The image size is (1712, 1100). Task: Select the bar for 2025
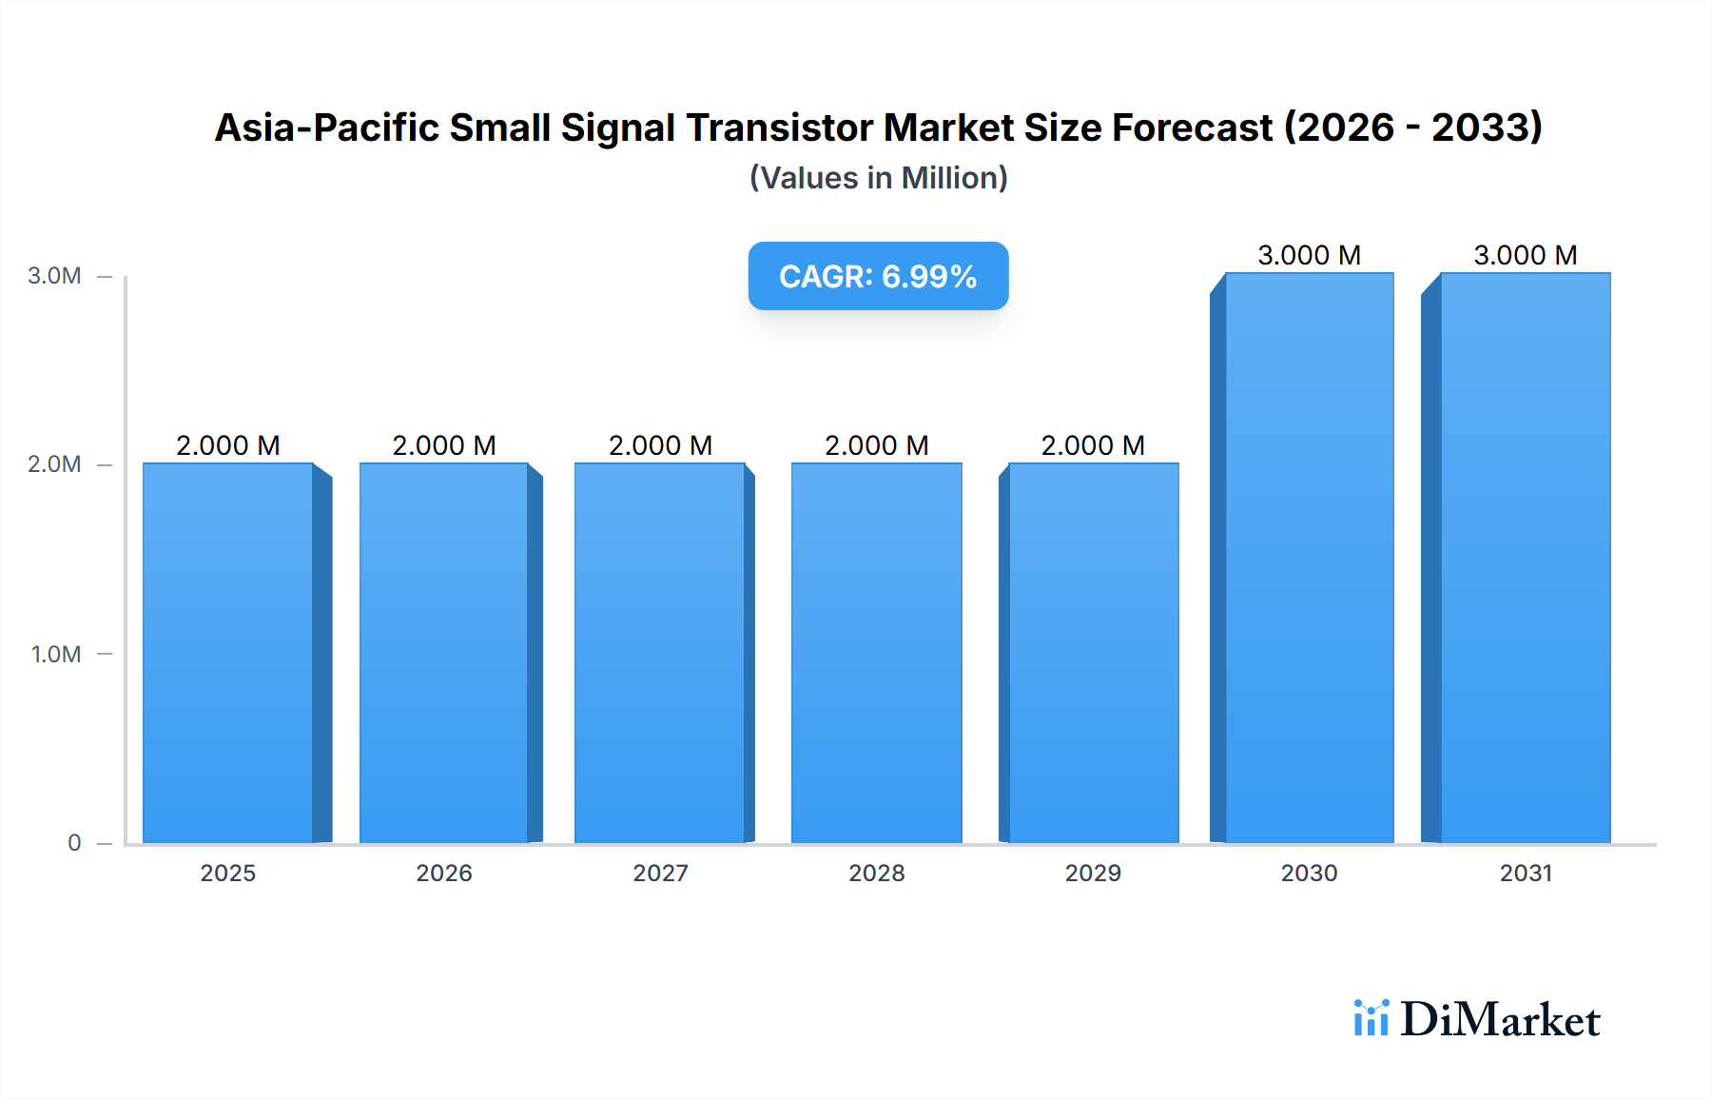(228, 653)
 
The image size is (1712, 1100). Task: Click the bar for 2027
(660, 653)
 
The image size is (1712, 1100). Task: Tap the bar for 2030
(1310, 558)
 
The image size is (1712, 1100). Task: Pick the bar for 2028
(877, 653)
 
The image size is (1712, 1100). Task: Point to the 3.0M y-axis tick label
(54, 276)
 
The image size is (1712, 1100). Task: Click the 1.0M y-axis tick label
(56, 655)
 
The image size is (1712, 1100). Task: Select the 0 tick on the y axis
(74, 843)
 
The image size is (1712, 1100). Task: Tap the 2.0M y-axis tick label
(54, 464)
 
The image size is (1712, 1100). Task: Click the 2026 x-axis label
(444, 874)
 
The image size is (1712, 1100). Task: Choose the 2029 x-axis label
(1093, 874)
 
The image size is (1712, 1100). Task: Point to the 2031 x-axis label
(1526, 874)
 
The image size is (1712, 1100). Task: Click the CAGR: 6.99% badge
(878, 276)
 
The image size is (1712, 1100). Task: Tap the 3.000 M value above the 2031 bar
(1526, 255)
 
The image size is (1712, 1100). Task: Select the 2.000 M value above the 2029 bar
(1093, 445)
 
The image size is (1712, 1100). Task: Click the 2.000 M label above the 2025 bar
(228, 445)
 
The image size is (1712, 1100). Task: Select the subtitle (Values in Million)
(878, 178)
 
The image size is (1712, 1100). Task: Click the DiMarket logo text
(1500, 1020)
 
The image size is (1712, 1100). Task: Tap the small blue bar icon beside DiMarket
(1371, 1018)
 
